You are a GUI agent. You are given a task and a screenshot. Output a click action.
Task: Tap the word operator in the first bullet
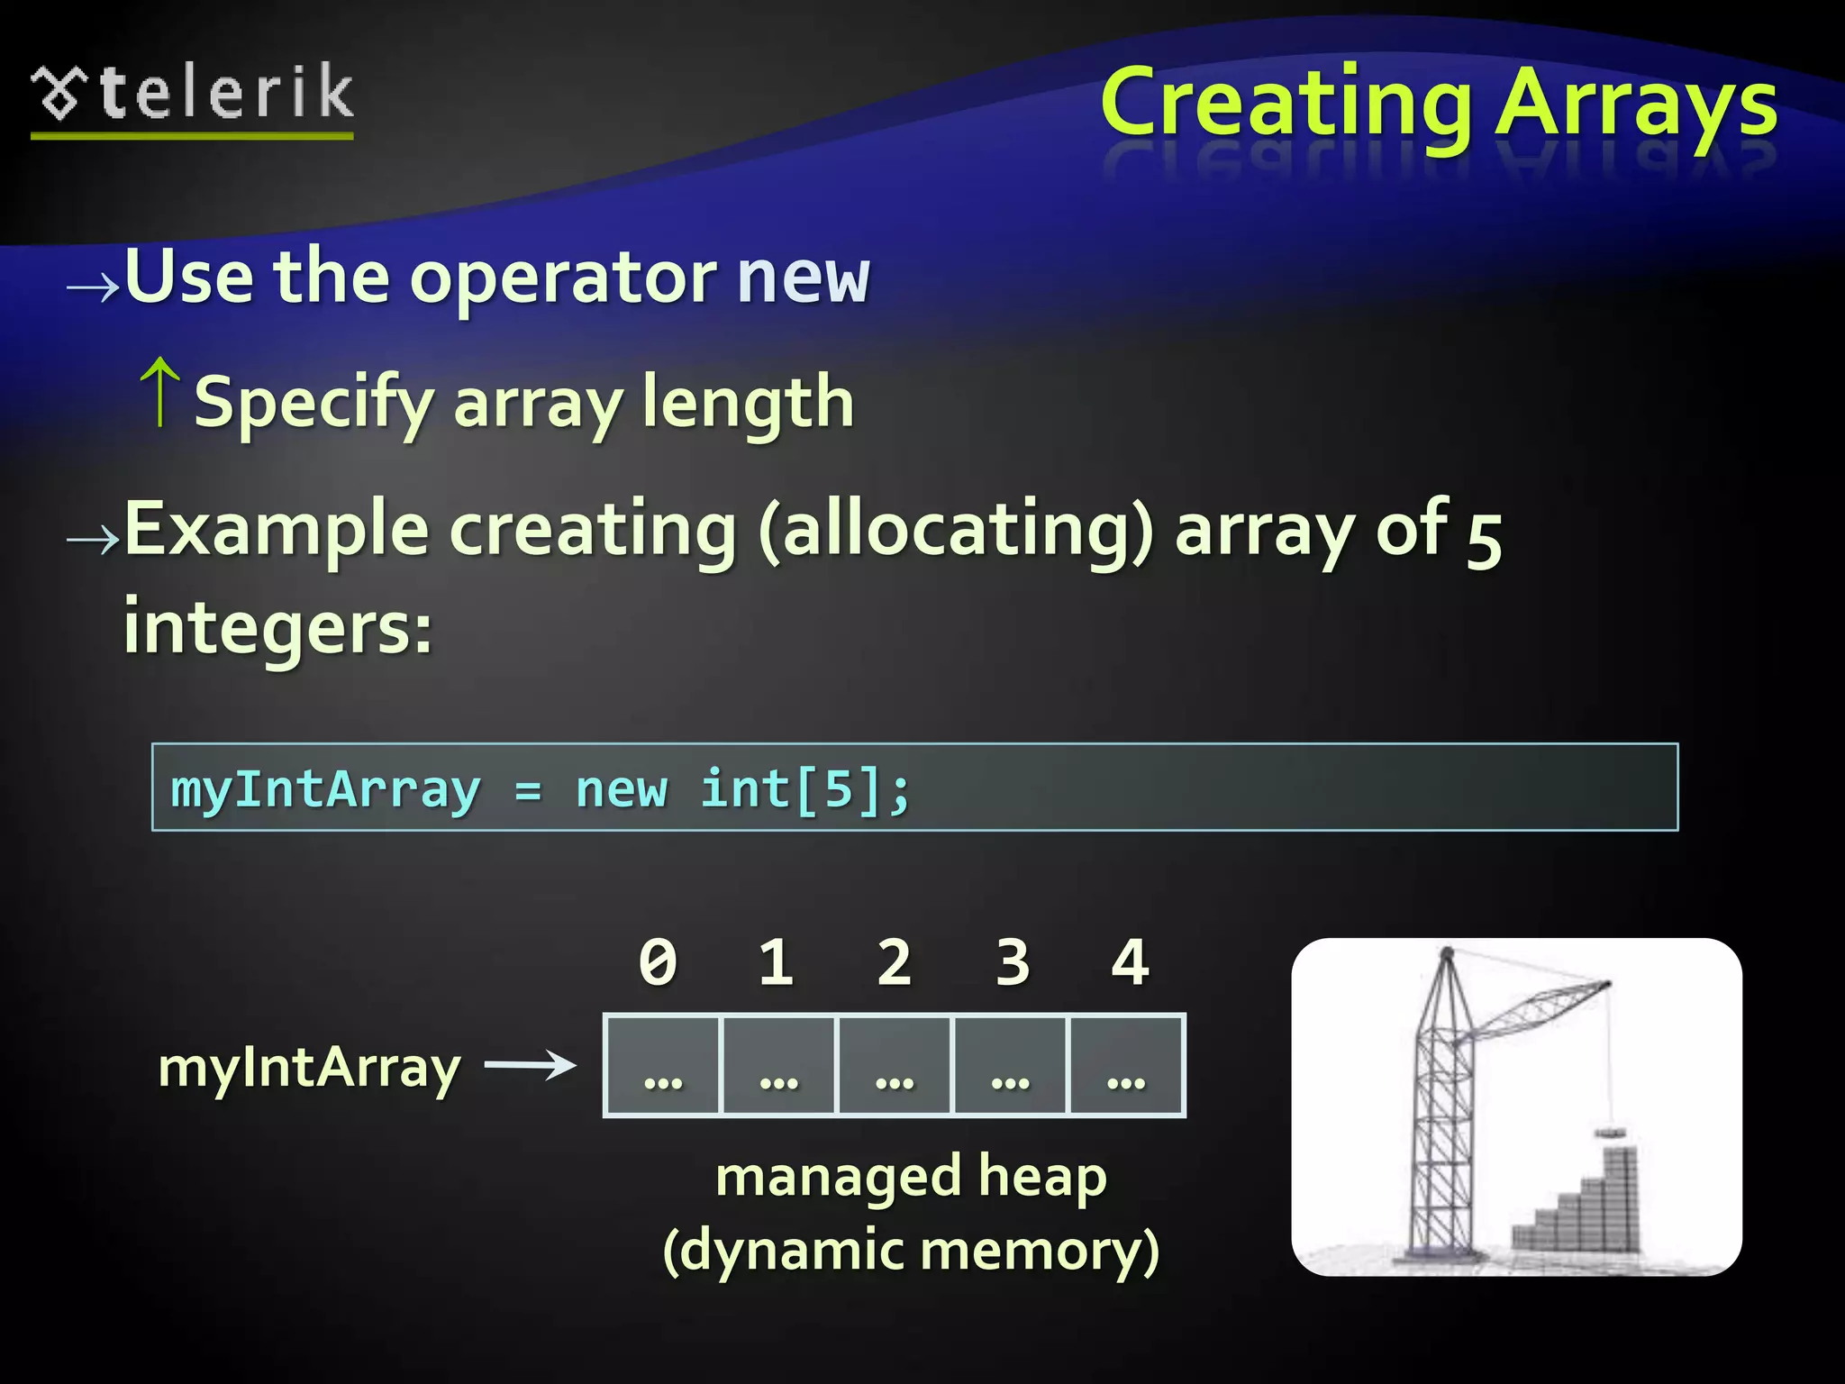click(562, 279)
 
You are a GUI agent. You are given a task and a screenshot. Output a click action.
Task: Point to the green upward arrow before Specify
click(161, 392)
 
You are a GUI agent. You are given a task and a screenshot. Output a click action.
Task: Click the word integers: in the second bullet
click(277, 628)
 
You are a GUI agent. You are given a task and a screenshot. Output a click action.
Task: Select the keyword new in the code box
click(622, 789)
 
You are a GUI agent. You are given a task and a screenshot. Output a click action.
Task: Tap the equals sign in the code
click(528, 791)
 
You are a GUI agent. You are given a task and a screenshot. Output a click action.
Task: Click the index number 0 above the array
click(658, 962)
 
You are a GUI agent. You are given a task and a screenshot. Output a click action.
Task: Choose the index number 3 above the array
click(1012, 962)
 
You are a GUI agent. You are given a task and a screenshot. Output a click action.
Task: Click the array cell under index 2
click(894, 1066)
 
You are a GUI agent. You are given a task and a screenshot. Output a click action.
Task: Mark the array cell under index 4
click(1126, 1066)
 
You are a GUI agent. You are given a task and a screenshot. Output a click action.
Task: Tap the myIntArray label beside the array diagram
click(309, 1069)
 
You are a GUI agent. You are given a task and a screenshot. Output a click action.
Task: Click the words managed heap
click(910, 1177)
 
